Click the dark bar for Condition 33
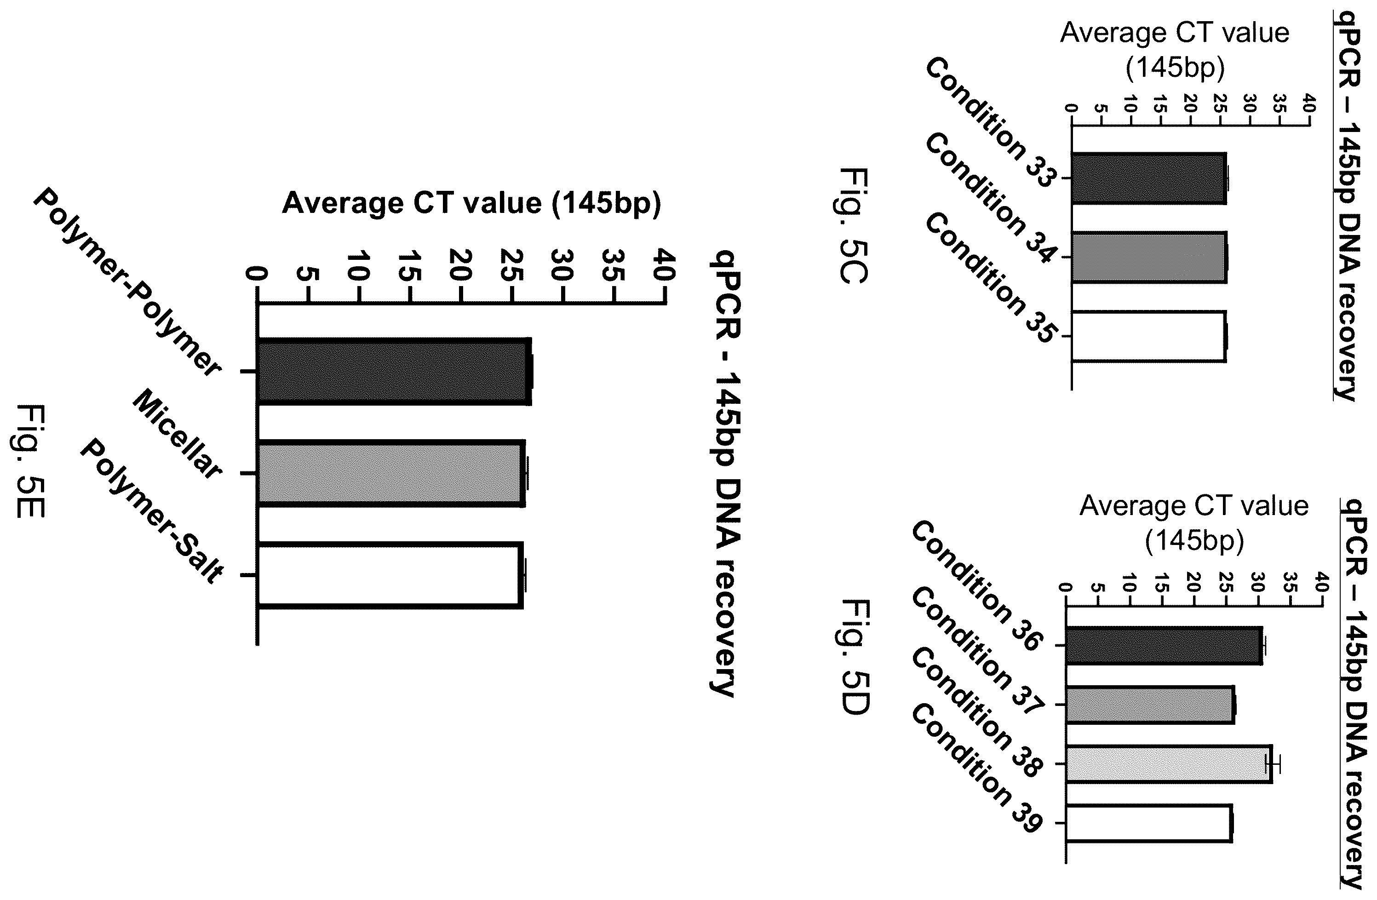pos(1148,178)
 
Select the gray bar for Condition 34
pos(1148,258)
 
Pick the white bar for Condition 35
pos(1148,337)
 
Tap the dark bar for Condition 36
pos(1164,646)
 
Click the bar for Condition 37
pos(1150,705)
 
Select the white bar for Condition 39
pos(1148,823)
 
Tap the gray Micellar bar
pos(391,474)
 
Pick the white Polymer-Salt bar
pos(390,575)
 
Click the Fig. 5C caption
pos(853,226)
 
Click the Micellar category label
pos(177,434)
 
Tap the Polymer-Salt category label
pos(152,511)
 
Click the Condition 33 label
pos(991,123)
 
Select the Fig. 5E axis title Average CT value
pos(471,204)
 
